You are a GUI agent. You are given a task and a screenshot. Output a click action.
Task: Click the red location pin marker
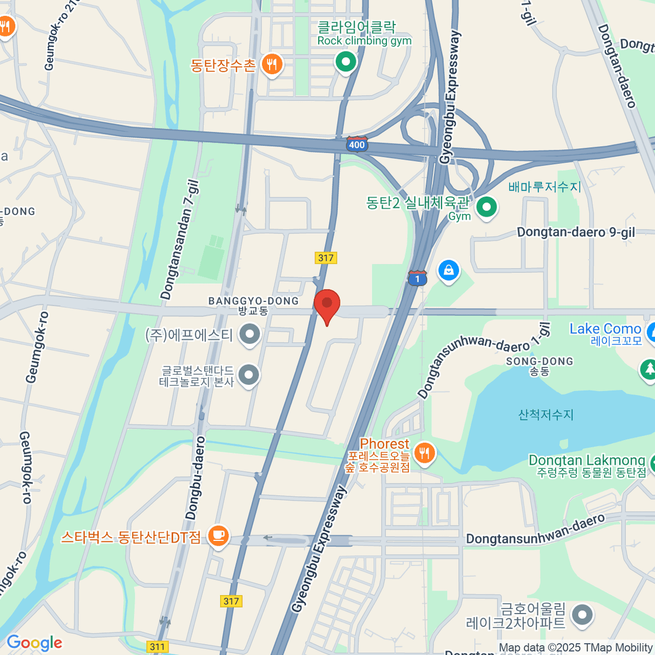coord(327,305)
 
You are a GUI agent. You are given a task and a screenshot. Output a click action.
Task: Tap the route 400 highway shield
coord(356,145)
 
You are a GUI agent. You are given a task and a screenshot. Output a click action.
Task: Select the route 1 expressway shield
coord(417,278)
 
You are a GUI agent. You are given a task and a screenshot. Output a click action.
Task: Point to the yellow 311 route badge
coord(157,647)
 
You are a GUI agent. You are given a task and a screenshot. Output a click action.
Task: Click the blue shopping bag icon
coord(449,270)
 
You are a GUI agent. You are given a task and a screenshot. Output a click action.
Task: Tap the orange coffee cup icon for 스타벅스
coord(218,536)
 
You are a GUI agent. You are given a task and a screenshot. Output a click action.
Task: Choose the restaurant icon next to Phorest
coord(424,453)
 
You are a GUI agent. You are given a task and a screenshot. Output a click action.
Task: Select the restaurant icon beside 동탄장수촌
coord(271,65)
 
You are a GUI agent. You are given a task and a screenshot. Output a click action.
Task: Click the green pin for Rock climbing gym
coord(345,62)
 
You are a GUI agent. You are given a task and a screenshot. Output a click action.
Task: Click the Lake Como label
coord(605,329)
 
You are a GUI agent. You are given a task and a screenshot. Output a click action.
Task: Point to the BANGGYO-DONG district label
coord(254,301)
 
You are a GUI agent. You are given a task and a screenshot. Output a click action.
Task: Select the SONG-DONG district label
coord(539,361)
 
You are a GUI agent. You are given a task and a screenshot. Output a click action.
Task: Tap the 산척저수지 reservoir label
coord(546,415)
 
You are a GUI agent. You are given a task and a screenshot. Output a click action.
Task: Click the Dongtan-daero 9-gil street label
coord(576,233)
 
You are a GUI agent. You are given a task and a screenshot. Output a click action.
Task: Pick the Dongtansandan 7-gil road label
coord(181,241)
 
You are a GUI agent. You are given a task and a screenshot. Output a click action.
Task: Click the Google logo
coord(34,643)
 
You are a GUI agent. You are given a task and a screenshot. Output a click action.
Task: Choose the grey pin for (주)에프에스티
coord(251,334)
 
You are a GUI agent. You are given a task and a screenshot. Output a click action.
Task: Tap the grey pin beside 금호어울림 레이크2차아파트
coord(582,615)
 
